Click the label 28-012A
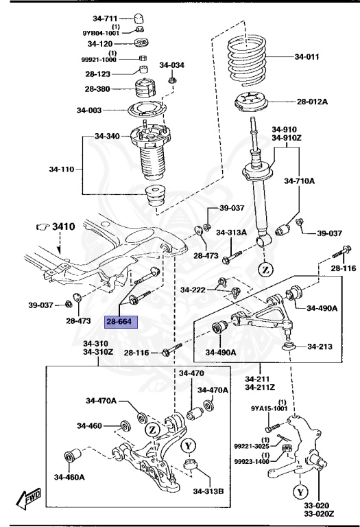pyautogui.click(x=312, y=102)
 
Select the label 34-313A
pyautogui.click(x=231, y=233)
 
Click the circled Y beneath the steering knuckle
pyautogui.click(x=300, y=492)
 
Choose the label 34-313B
pyautogui.click(x=208, y=491)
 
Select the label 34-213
pyautogui.click(x=320, y=346)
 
